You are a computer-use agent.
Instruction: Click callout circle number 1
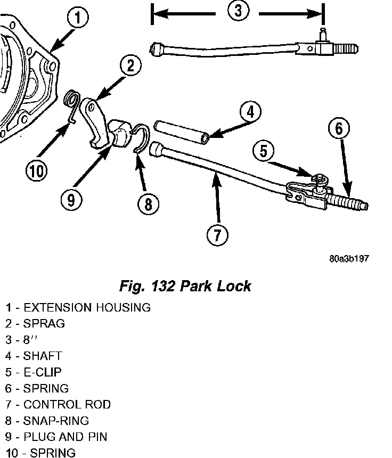click(78, 19)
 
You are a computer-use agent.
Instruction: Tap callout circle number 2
click(130, 66)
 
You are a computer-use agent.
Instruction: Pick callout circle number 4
click(250, 112)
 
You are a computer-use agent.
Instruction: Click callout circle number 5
click(265, 151)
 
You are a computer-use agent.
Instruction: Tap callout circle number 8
click(148, 203)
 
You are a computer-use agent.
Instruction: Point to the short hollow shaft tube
click(181, 132)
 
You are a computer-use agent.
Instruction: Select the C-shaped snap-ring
click(140, 139)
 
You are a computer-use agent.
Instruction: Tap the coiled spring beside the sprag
click(71, 100)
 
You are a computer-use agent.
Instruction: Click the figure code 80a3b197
click(349, 259)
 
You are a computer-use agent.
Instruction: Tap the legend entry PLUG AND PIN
click(65, 437)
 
